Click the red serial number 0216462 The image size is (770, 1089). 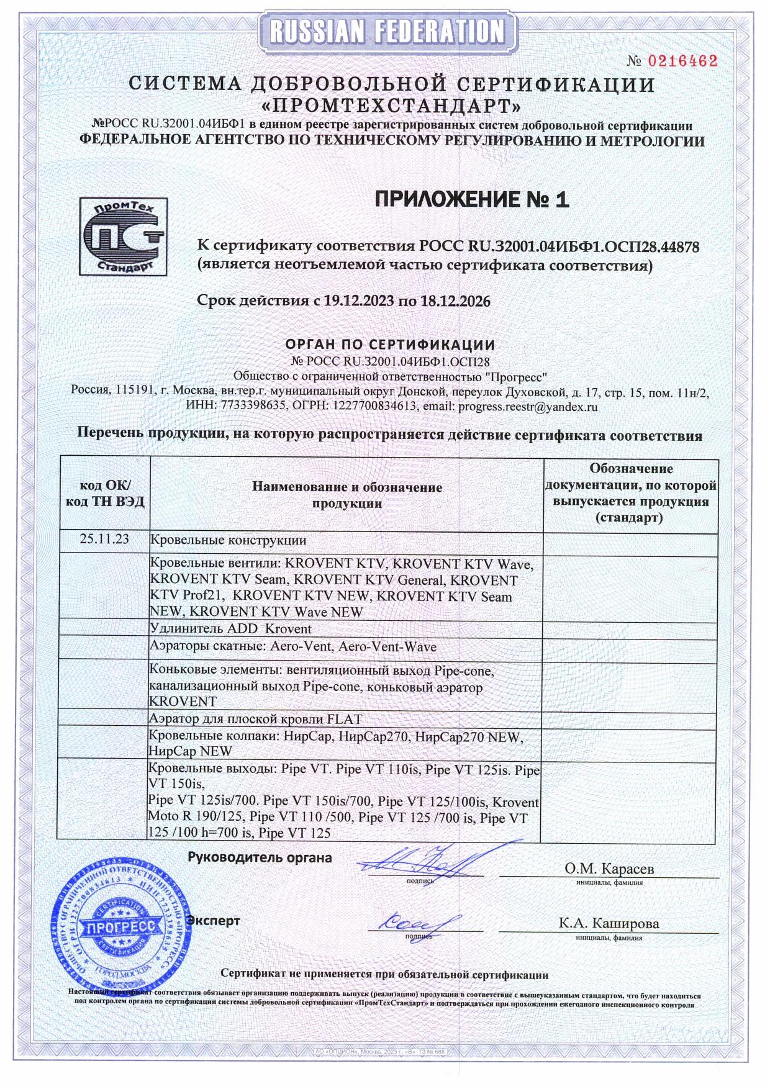(682, 61)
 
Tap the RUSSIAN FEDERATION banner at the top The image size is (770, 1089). (386, 32)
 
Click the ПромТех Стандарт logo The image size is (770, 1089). (124, 237)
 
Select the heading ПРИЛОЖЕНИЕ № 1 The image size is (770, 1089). (472, 199)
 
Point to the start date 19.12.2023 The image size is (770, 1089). (359, 301)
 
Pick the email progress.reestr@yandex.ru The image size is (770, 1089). (527, 407)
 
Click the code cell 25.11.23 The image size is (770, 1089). (104, 539)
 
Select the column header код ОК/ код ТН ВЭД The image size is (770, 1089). (105, 494)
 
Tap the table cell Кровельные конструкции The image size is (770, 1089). (229, 540)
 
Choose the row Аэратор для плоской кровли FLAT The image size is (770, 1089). (255, 719)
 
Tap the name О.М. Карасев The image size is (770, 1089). (609, 869)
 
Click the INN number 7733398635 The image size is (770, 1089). (242, 407)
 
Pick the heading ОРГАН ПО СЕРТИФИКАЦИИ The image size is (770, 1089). (390, 345)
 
